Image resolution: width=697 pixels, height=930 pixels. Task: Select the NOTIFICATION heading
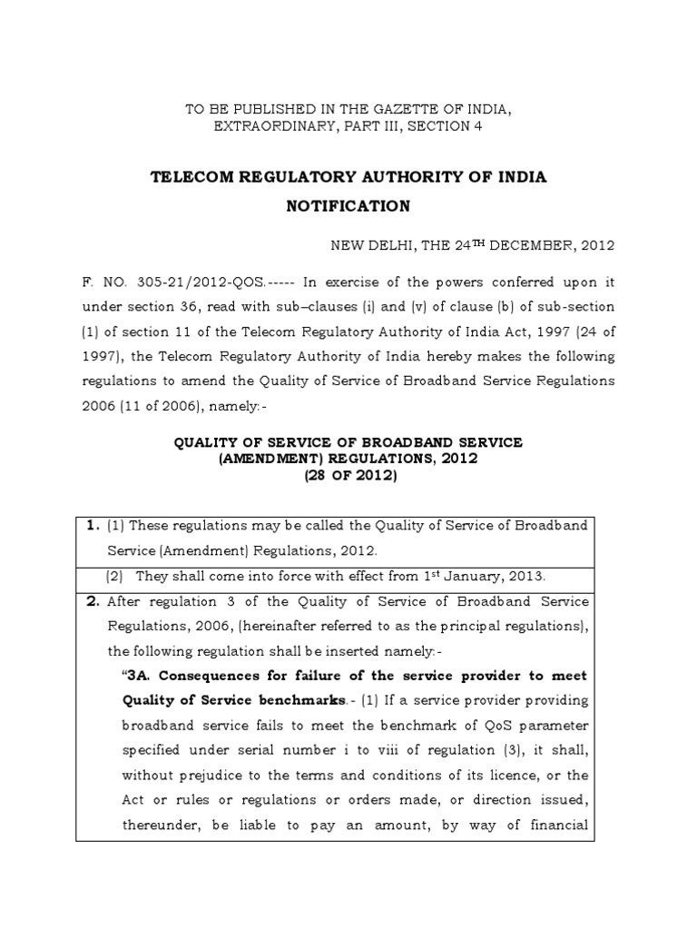pyautogui.click(x=348, y=206)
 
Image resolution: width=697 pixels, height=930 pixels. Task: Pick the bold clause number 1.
pyautogui.click(x=91, y=526)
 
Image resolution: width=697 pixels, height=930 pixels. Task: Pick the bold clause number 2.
pyautogui.click(x=91, y=601)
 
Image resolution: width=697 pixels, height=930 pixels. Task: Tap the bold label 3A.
pyautogui.click(x=136, y=676)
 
